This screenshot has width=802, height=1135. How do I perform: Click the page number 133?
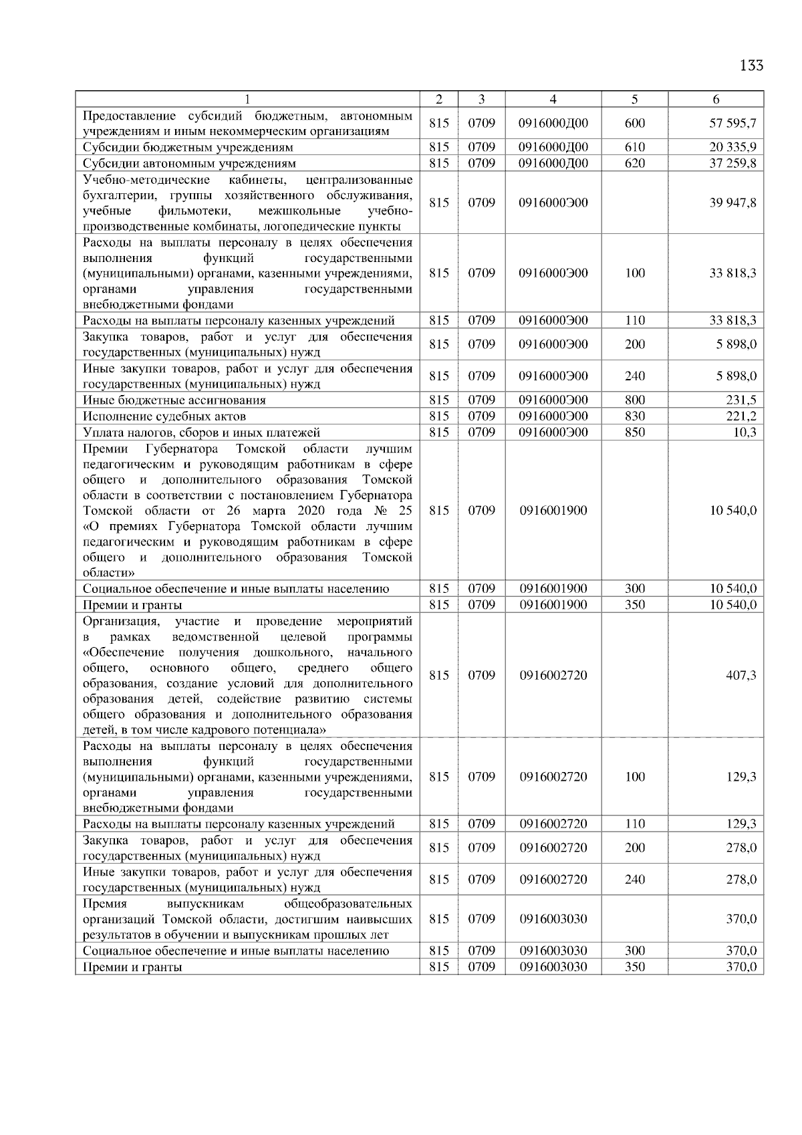[x=751, y=66]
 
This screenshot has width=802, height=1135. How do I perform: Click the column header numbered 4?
[x=553, y=99]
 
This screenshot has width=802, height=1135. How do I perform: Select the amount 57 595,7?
[x=732, y=123]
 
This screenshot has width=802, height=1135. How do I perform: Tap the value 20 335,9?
[x=732, y=147]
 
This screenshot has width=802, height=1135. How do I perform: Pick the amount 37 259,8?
[x=732, y=163]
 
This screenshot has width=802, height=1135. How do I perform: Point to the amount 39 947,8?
[x=732, y=203]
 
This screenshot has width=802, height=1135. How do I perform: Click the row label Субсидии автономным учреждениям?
[x=189, y=163]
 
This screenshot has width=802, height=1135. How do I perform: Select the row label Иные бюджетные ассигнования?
[x=174, y=400]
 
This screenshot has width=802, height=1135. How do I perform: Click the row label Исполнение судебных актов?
[x=164, y=416]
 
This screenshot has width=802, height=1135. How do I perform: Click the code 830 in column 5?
[x=634, y=416]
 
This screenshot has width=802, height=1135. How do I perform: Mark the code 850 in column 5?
[x=634, y=432]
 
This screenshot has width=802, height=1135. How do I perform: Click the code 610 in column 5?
[x=634, y=147]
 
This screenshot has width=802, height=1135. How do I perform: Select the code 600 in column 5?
[x=634, y=123]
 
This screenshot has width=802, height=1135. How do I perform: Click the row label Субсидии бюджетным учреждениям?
[x=188, y=147]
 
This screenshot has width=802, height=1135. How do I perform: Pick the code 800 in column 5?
[x=634, y=400]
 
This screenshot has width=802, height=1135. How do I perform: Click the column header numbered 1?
[x=247, y=99]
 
